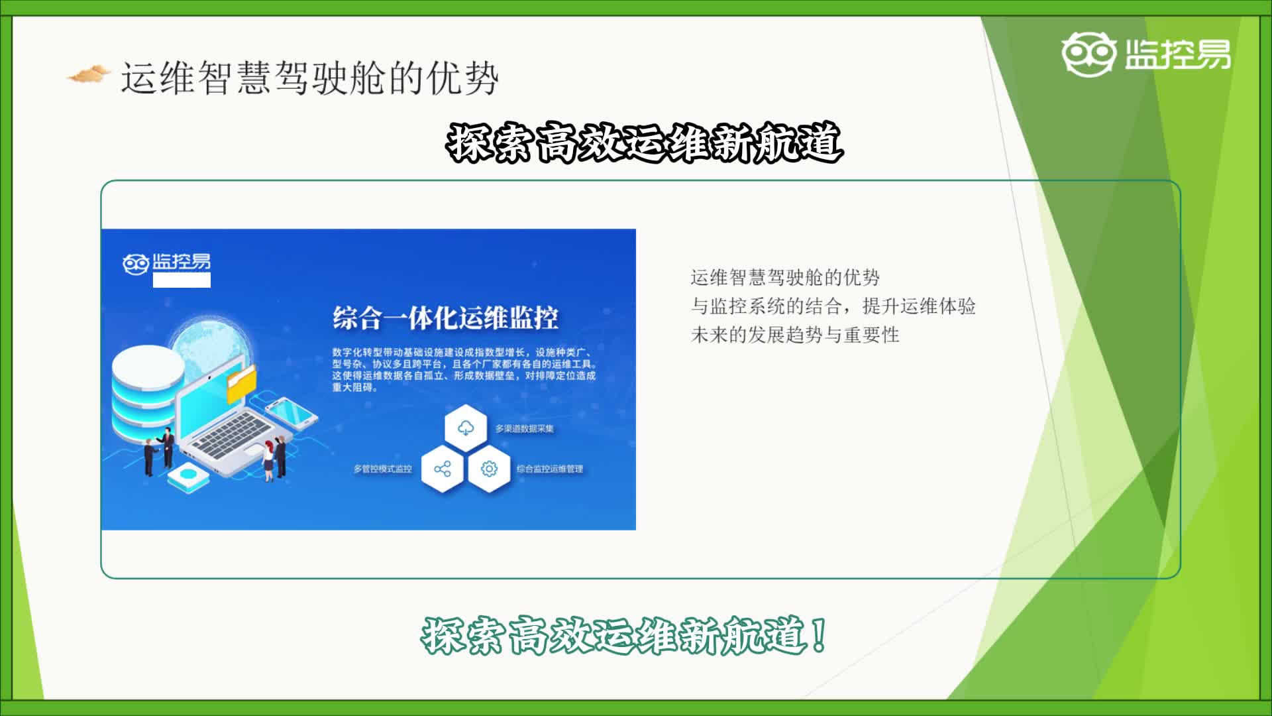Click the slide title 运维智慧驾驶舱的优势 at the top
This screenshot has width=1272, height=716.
click(309, 78)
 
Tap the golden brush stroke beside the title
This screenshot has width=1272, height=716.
click(88, 74)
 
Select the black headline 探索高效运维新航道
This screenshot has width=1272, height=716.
click(645, 142)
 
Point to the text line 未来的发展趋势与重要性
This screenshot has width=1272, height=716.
click(795, 335)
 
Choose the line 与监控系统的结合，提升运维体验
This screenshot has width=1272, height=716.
click(833, 306)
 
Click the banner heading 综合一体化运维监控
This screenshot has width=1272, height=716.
click(445, 318)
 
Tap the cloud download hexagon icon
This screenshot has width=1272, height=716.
click(466, 428)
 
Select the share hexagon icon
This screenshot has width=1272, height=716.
click(443, 469)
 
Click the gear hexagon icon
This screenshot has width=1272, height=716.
click(489, 469)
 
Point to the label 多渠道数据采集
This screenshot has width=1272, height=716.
click(524, 429)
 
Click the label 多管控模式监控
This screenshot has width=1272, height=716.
click(383, 469)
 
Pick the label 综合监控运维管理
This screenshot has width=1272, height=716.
click(550, 469)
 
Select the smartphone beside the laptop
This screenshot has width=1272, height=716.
click(291, 412)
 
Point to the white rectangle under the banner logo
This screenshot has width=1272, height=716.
click(182, 280)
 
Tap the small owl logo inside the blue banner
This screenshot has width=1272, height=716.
click(135, 264)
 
